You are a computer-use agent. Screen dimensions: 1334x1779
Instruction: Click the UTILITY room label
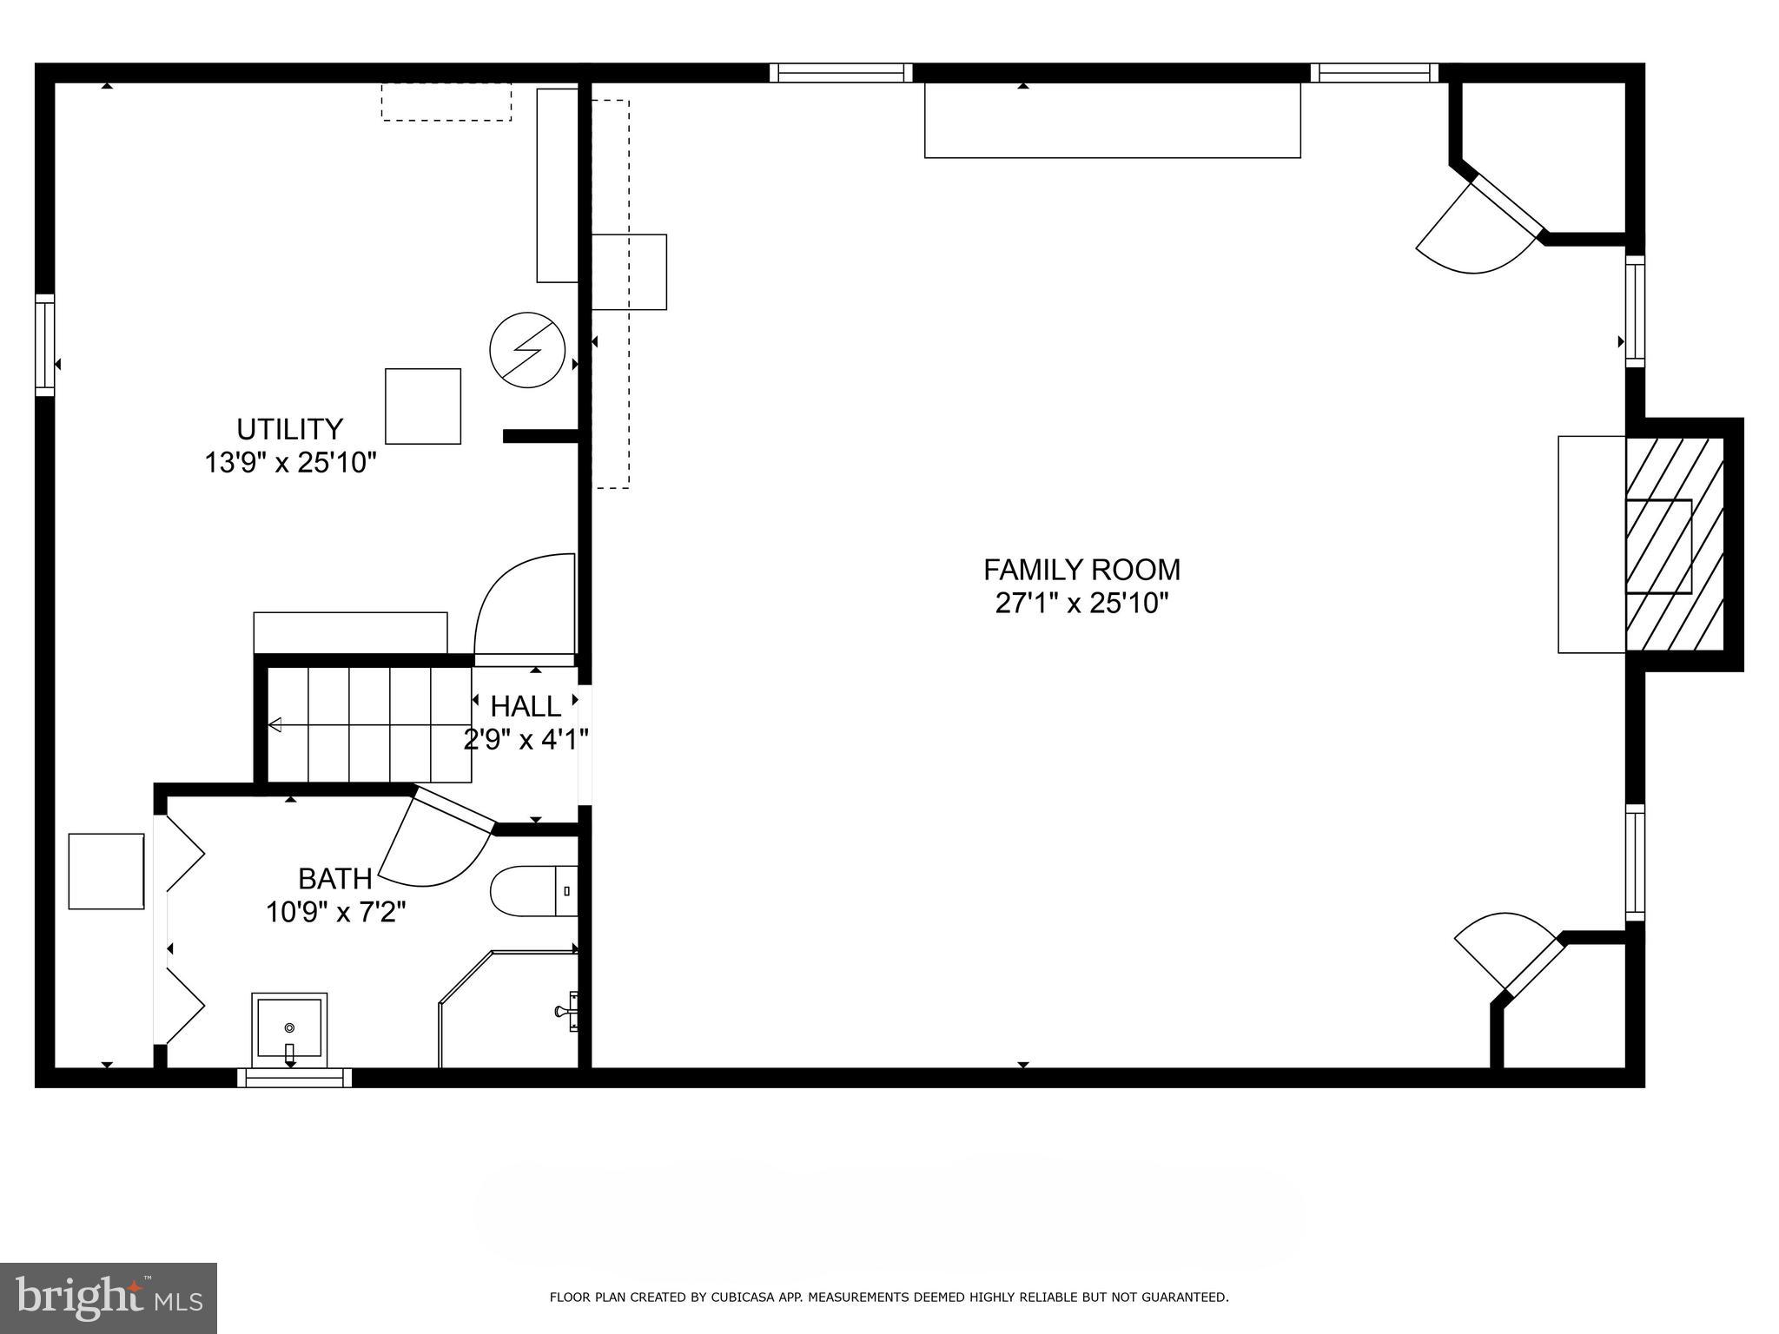tap(290, 429)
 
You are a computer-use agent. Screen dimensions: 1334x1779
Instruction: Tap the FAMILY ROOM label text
tap(1081, 570)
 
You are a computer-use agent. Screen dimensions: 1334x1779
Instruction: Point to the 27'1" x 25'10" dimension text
tap(1081, 603)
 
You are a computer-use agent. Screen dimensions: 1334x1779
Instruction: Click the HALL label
tap(526, 706)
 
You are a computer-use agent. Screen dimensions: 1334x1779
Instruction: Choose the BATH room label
tap(335, 879)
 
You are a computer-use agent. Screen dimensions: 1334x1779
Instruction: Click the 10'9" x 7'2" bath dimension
tap(335, 913)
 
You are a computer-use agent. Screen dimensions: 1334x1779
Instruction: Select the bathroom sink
tap(289, 1029)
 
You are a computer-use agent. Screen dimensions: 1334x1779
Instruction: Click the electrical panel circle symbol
tap(527, 351)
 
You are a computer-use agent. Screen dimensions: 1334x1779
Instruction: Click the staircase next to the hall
tap(368, 724)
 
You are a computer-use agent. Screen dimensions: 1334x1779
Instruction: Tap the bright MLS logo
tap(108, 1298)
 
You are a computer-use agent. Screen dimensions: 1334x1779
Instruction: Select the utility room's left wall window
tap(45, 346)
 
